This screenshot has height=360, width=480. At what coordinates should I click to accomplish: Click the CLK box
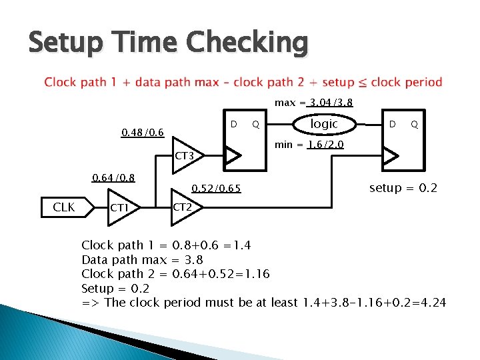[x=63, y=207]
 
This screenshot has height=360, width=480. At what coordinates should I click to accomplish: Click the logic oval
[x=325, y=124]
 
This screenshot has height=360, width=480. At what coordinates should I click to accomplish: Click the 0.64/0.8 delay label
[x=113, y=177]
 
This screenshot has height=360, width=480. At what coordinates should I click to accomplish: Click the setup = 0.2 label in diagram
[x=403, y=188]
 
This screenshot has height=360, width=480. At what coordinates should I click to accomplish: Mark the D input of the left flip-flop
[x=233, y=124]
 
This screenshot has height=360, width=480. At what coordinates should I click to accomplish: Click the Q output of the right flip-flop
[x=414, y=124]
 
